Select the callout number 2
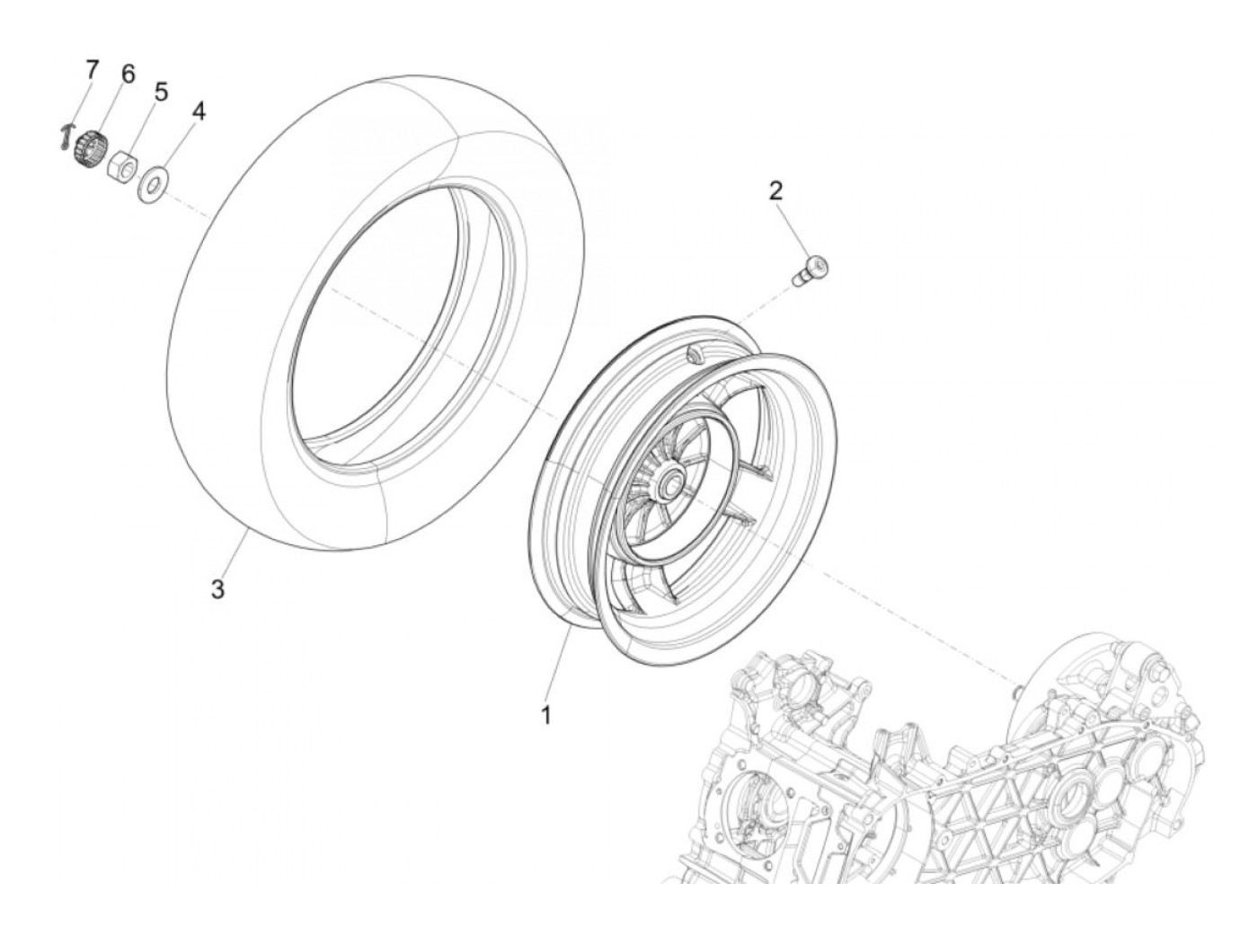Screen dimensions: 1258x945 (775, 190)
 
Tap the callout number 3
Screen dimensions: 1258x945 (217, 589)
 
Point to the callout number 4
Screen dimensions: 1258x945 (199, 112)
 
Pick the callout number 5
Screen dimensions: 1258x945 (161, 91)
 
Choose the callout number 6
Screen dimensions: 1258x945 (128, 74)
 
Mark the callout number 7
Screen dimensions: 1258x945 (91, 69)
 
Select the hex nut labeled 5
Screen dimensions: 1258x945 (121, 165)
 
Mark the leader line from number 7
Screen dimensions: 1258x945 (76, 107)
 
